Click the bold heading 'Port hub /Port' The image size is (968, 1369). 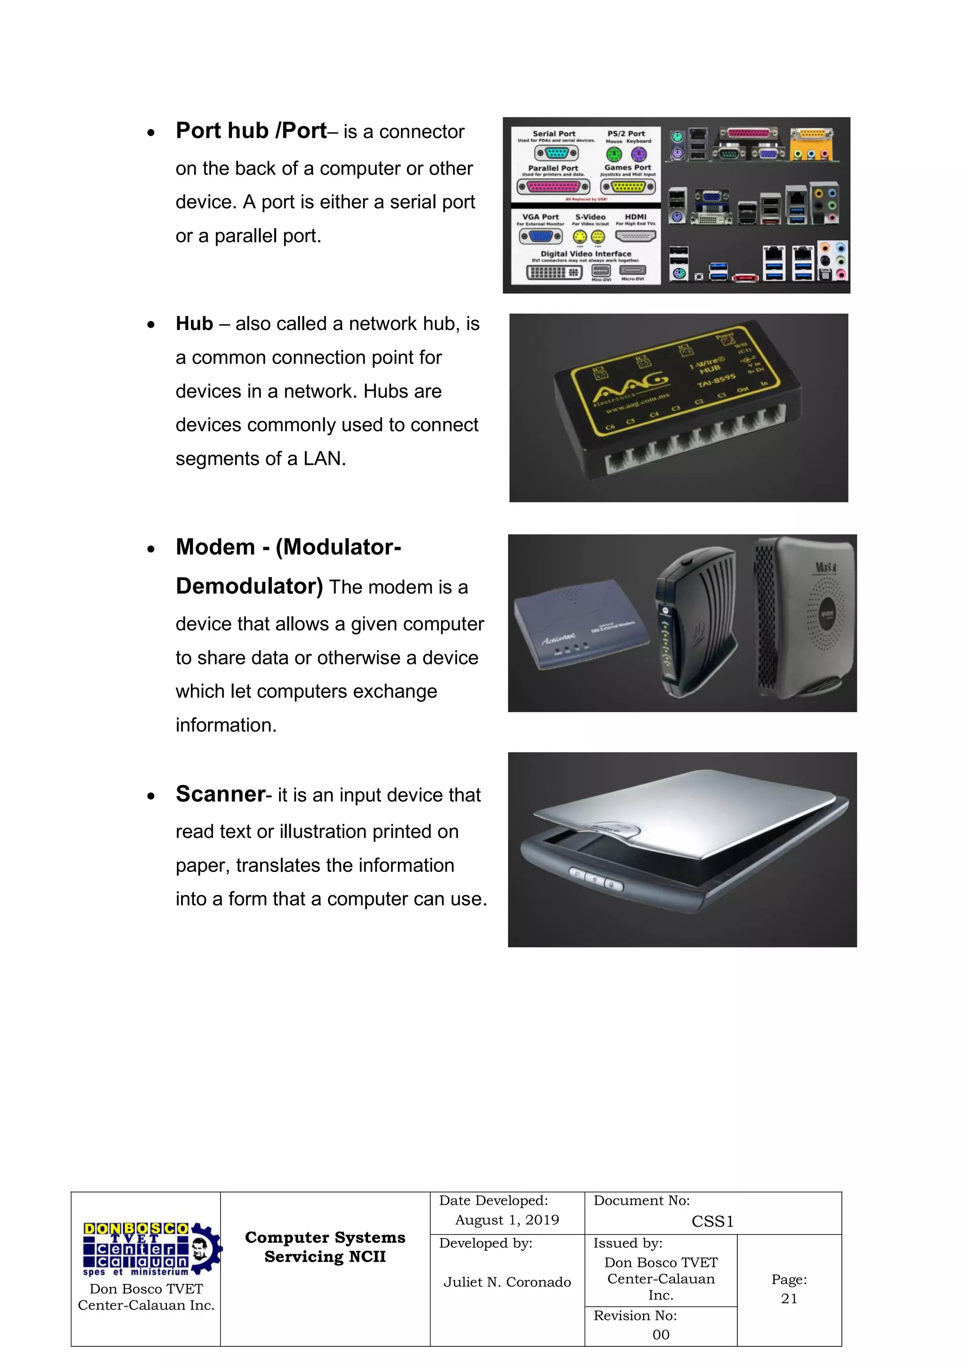point(251,131)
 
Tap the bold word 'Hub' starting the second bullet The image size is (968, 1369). point(194,324)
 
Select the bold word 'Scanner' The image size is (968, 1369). point(220,794)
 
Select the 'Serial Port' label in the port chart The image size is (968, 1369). point(554,133)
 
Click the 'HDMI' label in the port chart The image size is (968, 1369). point(635,217)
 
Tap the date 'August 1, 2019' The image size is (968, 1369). point(507,1220)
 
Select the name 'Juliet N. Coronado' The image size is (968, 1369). point(507,1282)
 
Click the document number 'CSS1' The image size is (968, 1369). point(712,1222)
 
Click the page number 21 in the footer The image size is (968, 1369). point(788,1299)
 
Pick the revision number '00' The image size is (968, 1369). point(660,1334)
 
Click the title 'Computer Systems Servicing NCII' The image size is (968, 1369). point(325,1247)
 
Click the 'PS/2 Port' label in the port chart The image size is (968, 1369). point(626,133)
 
